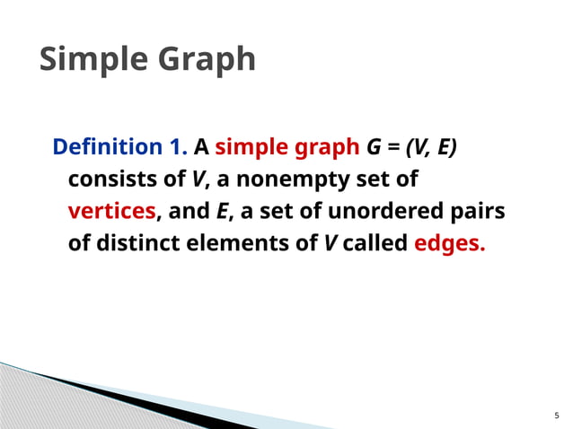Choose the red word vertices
(112, 212)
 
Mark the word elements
(249, 244)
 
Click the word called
(375, 244)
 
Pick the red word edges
(449, 245)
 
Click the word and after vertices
(188, 212)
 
